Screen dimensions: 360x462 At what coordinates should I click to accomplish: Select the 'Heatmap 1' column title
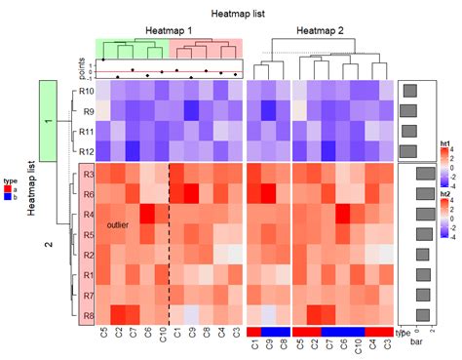tap(169, 31)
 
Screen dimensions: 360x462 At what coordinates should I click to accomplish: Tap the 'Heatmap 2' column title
tap(321, 31)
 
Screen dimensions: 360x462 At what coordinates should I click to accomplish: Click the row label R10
tap(86, 92)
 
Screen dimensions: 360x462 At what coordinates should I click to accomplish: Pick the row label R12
tap(86, 151)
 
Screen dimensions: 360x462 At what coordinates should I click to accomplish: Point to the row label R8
tap(88, 316)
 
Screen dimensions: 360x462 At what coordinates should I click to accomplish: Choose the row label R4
tap(88, 215)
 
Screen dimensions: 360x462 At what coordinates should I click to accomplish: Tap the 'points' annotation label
tap(82, 68)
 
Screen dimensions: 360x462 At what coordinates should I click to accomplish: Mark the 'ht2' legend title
tap(445, 194)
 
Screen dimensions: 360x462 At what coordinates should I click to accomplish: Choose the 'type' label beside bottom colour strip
tap(404, 333)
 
